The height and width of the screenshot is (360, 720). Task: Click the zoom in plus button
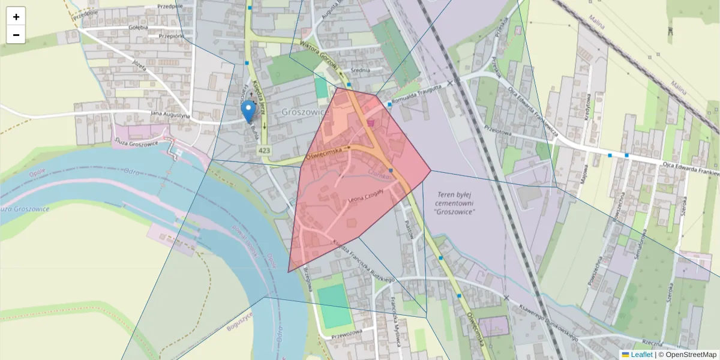[x=16, y=17]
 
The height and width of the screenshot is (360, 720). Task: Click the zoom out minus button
[x=16, y=35]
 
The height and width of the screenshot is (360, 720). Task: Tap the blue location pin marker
[x=248, y=111]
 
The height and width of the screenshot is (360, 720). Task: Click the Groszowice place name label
[x=305, y=112]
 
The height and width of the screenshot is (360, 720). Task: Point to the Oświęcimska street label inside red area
[x=323, y=154]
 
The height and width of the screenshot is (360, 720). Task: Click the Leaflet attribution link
[x=641, y=355]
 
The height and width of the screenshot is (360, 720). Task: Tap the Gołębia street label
[x=137, y=28]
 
